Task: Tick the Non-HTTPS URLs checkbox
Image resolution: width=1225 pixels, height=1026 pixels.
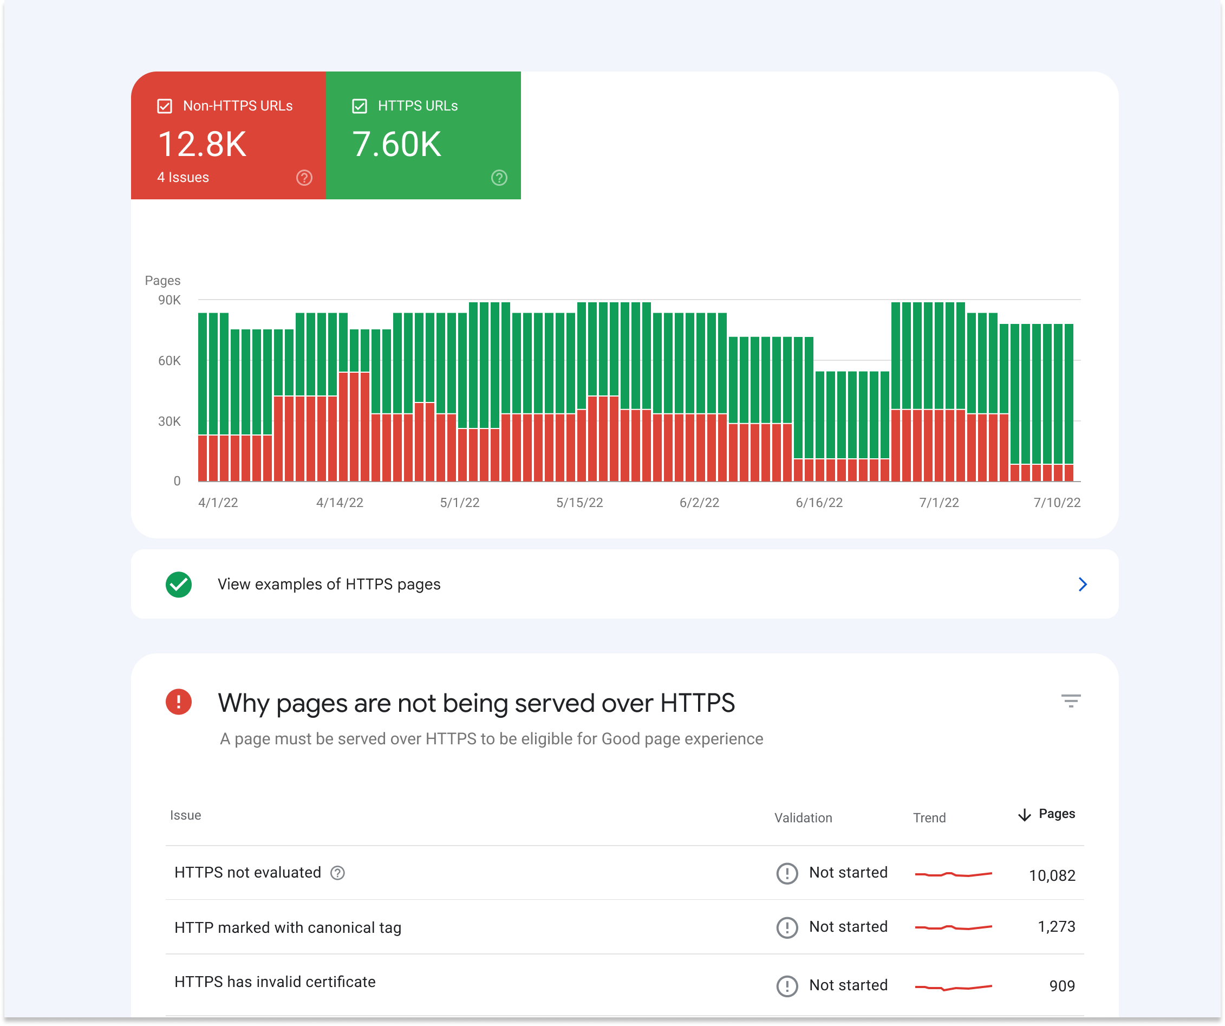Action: tap(165, 106)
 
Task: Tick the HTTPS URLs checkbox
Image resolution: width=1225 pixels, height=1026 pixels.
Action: tap(360, 106)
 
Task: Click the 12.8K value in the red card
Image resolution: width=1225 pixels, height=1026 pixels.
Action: tap(202, 144)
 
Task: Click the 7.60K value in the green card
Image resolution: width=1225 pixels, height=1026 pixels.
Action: tap(396, 144)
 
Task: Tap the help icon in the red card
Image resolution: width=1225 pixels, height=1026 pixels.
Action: tap(304, 178)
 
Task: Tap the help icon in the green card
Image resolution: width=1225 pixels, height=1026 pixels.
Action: tap(499, 178)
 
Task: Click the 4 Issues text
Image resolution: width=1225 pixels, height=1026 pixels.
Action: tap(183, 178)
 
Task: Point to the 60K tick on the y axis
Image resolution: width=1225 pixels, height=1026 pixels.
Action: tap(169, 361)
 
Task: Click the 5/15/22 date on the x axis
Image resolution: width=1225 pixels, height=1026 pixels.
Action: tap(579, 503)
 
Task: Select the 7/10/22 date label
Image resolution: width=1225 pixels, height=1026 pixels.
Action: tap(1057, 503)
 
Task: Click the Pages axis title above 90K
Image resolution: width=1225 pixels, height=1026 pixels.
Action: tap(162, 281)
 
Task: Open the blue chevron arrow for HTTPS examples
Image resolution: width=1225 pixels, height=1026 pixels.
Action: tap(1083, 584)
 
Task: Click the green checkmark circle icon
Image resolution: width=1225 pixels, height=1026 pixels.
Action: tap(179, 584)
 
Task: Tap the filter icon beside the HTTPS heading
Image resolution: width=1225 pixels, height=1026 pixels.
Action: tap(1071, 701)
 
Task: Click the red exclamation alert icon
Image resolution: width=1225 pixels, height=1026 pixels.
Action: tap(179, 702)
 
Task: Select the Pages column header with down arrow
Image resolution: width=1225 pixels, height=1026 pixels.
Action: tap(1046, 814)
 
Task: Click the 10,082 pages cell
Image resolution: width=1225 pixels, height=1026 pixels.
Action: tap(1052, 875)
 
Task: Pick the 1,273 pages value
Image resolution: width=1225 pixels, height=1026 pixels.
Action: tap(1056, 927)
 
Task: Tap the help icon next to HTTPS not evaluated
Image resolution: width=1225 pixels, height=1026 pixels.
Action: tap(337, 873)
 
